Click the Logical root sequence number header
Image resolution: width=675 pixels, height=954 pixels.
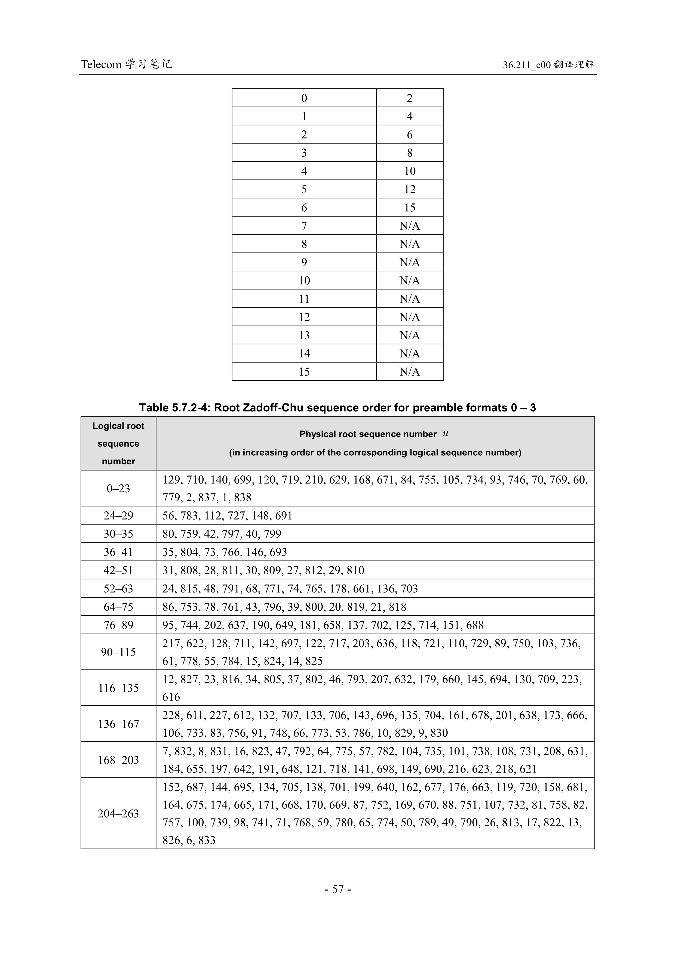click(118, 443)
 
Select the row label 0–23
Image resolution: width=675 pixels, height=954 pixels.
click(118, 489)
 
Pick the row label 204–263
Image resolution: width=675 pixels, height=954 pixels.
click(118, 814)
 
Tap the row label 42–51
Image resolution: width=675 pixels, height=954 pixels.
click(118, 570)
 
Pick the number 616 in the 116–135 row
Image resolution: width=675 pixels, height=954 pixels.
click(171, 697)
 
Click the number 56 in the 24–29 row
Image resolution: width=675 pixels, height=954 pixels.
click(168, 516)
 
